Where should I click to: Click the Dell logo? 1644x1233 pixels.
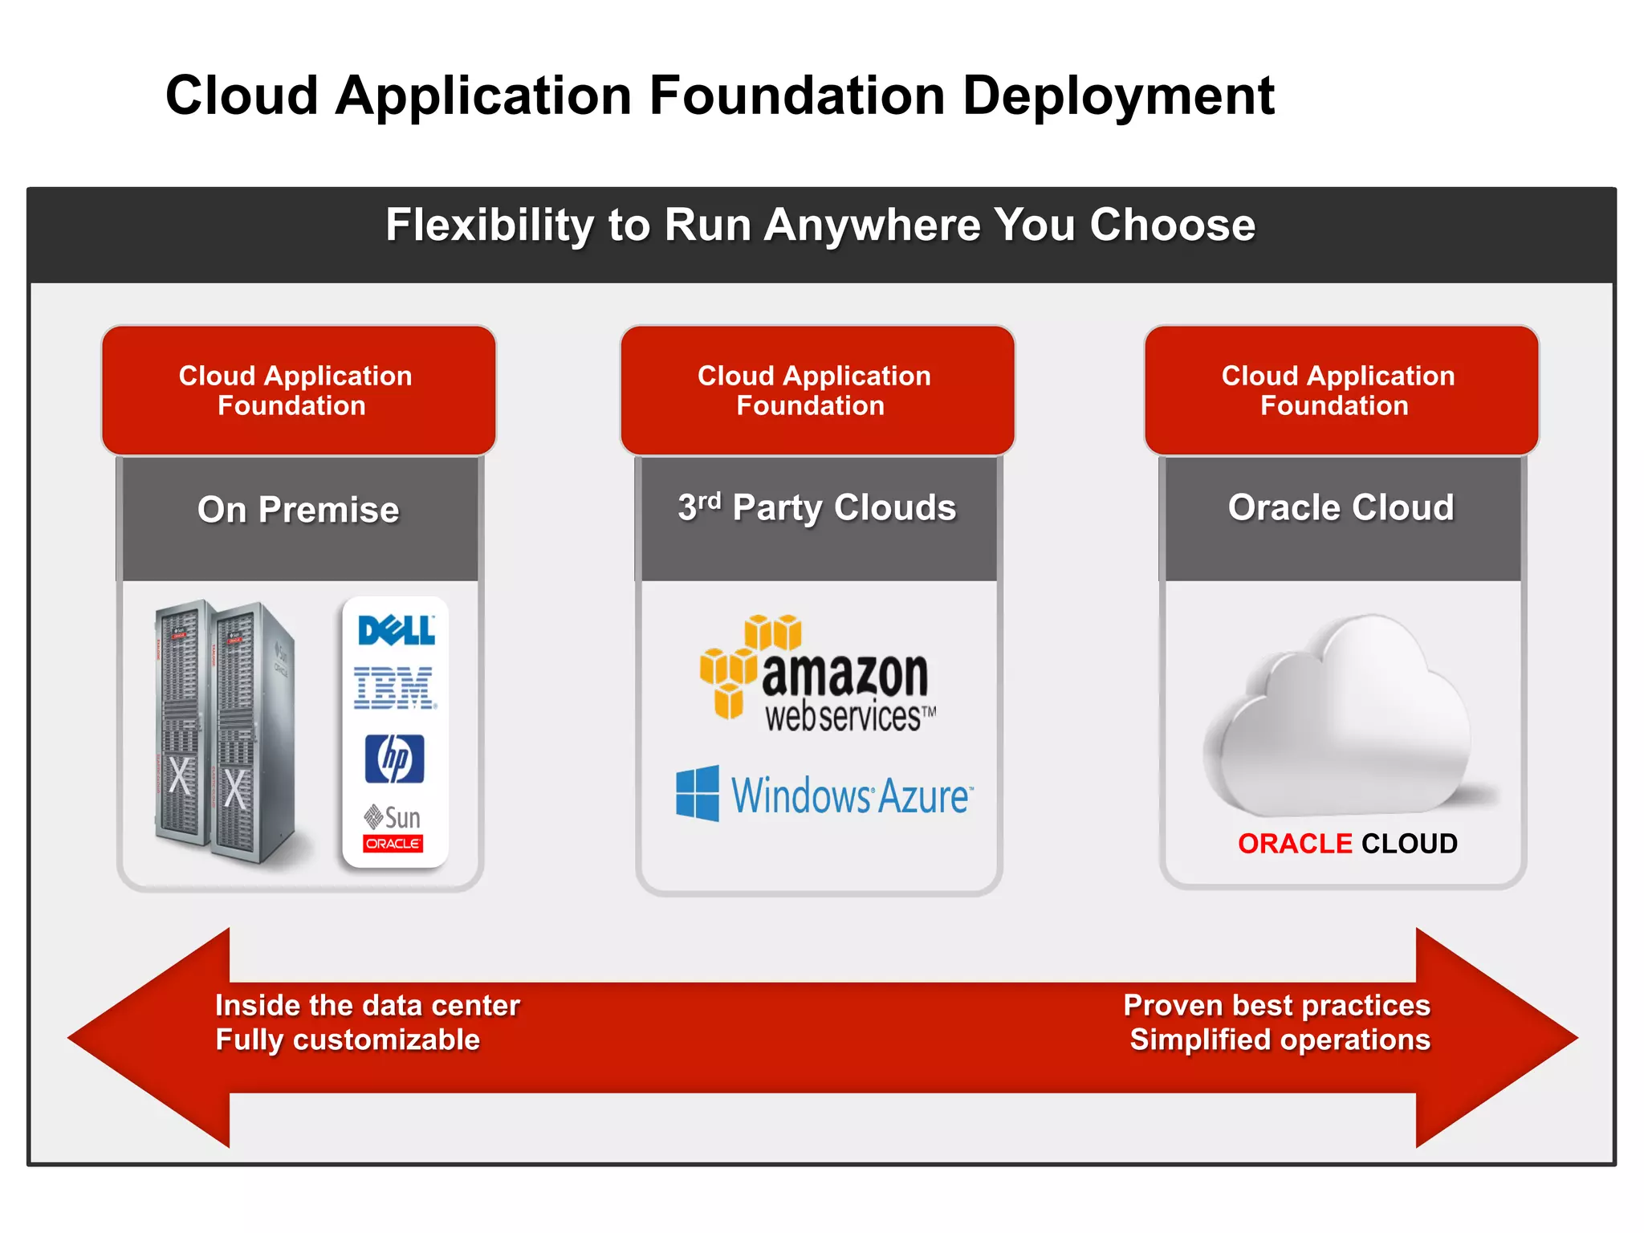coord(396,630)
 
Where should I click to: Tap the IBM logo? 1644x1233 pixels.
coord(395,688)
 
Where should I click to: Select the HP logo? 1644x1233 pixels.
coord(395,758)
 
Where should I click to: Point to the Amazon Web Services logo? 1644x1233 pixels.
coord(818,674)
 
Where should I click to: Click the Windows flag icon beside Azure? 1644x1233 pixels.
coord(697,793)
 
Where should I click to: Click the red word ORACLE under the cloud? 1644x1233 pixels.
coord(1294,844)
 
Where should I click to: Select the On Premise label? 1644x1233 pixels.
coord(299,510)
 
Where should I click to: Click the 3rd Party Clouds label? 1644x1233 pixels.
coord(817,507)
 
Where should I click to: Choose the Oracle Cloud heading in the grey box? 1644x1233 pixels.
coord(1341,507)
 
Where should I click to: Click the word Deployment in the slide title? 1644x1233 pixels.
coord(1117,96)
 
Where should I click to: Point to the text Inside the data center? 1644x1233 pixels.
coord(368,1005)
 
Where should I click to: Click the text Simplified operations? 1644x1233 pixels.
coord(1280,1040)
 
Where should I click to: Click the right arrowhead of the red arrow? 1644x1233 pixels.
coord(1493,1037)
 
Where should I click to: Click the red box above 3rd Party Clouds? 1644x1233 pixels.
coord(817,390)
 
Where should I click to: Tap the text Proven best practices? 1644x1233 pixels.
coord(1276,1005)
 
